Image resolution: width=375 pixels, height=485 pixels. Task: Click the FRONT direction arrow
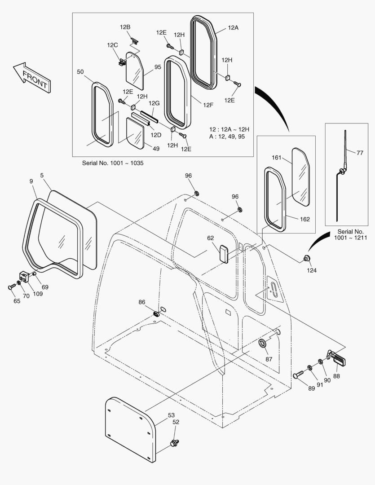point(32,77)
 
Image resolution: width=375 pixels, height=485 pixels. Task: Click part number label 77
point(359,153)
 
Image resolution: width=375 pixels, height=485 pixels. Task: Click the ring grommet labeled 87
point(262,344)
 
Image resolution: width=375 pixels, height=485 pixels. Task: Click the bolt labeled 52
point(173,443)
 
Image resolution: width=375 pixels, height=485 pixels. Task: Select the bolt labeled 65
point(11,287)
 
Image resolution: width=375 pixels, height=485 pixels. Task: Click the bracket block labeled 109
point(25,277)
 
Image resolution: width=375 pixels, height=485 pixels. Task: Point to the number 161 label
point(277,158)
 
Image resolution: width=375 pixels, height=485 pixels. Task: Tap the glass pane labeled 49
point(135,133)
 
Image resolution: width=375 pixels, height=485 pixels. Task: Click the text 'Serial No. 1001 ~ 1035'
point(113,163)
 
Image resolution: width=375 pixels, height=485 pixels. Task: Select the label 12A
point(233,27)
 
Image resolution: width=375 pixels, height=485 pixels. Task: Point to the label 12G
point(154,103)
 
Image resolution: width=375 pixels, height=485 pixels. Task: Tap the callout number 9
point(31,181)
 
